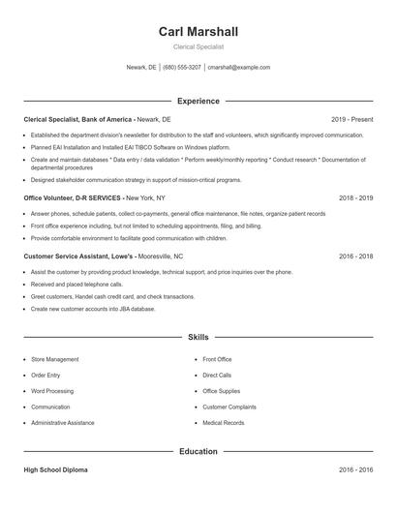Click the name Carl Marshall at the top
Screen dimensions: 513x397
(198, 32)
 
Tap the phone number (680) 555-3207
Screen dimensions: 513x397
(182, 68)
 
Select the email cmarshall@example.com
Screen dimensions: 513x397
(239, 68)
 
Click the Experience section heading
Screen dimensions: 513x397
(198, 101)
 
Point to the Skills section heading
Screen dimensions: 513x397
(198, 338)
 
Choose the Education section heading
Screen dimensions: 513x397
(198, 451)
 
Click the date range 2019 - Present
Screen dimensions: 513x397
(351, 119)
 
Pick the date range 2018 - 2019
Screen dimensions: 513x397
(355, 196)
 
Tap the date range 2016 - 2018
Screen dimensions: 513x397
(355, 257)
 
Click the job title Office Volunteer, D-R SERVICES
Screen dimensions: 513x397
(73, 196)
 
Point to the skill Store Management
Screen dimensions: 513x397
(55, 359)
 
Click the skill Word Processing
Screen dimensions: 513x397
(52, 391)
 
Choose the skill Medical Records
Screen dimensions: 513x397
(223, 423)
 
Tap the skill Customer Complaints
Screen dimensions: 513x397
(229, 407)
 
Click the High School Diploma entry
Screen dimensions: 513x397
(55, 469)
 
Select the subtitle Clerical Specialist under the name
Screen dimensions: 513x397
(198, 46)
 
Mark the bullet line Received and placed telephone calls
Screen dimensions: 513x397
(76, 285)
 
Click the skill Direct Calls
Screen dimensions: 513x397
(217, 375)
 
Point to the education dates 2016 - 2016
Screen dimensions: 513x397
(355, 469)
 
